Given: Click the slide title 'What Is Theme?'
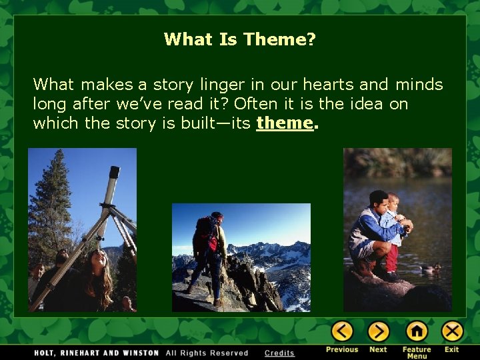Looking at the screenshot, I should click(x=240, y=40).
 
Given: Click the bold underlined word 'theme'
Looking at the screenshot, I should click(x=285, y=123).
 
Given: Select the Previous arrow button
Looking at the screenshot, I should click(x=342, y=331).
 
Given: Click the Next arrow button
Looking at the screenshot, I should click(x=378, y=331).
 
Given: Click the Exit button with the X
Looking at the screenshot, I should click(x=452, y=331).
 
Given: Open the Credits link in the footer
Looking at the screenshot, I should click(x=279, y=353).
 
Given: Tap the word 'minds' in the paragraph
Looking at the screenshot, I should click(x=419, y=85).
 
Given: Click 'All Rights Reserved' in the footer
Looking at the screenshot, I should click(x=207, y=353).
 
